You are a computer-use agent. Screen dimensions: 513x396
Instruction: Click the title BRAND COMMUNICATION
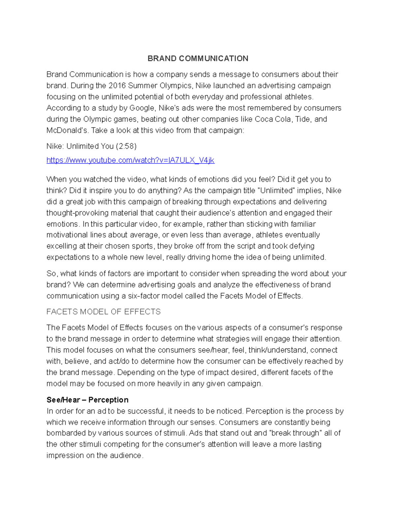pyautogui.click(x=198, y=58)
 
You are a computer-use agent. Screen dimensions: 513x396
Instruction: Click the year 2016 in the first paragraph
pyautogui.click(x=117, y=86)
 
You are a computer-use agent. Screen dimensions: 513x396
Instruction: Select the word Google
pyautogui.click(x=142, y=108)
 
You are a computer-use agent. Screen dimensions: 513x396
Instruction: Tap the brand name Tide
pyautogui.click(x=302, y=119)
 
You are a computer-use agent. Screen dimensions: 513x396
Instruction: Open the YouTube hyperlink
pyautogui.click(x=130, y=160)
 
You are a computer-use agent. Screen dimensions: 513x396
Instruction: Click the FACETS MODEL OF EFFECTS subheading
pyautogui.click(x=103, y=312)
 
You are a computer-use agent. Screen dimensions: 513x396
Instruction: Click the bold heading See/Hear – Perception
pyautogui.click(x=87, y=400)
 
